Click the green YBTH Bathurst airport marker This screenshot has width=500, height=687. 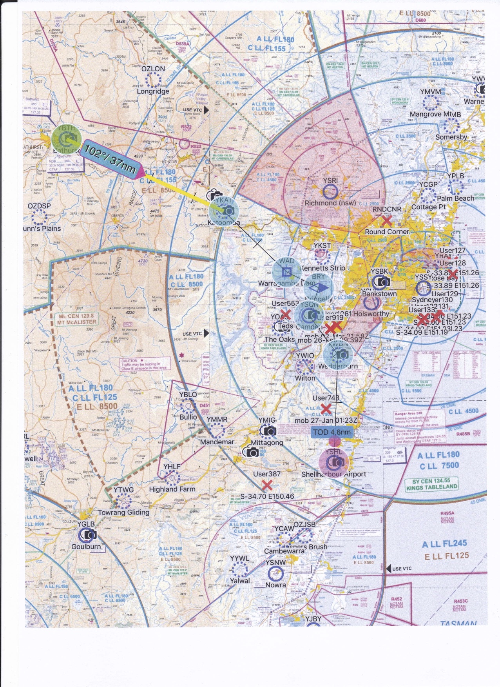click(x=66, y=139)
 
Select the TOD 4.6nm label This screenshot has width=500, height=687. click(x=332, y=432)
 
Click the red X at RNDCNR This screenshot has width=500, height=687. click(x=386, y=220)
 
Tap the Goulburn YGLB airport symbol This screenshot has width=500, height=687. click(x=87, y=534)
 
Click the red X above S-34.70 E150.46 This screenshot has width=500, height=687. click(x=267, y=485)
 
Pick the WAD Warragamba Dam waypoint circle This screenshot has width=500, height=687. click(x=287, y=271)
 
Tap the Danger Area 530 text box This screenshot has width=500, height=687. click(x=416, y=427)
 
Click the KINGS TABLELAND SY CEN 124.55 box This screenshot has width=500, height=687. click(x=431, y=484)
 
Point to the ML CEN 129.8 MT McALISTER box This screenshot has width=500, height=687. click(x=77, y=319)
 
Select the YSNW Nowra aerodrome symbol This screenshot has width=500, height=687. click(x=275, y=573)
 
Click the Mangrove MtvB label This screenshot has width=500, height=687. click(x=435, y=114)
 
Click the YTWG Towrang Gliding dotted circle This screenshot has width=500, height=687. click(x=123, y=501)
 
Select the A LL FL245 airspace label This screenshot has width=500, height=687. click(x=444, y=544)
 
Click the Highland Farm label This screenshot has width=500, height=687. click(x=172, y=489)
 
